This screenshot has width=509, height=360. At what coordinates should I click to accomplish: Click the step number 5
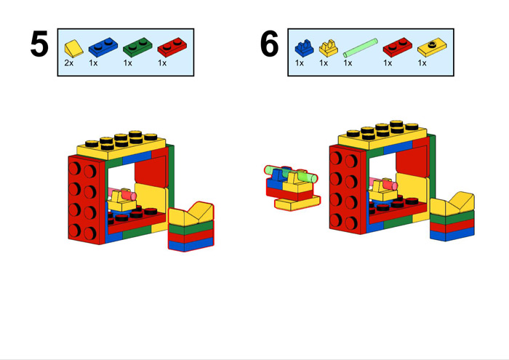(39, 44)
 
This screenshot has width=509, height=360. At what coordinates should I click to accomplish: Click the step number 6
(270, 44)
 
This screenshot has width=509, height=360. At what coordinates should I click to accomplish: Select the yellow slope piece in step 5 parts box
(73, 49)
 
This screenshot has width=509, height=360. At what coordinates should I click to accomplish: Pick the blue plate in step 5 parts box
(103, 47)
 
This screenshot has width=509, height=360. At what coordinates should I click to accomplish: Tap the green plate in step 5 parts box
(137, 47)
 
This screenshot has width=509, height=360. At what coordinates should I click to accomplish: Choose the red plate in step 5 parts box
(172, 47)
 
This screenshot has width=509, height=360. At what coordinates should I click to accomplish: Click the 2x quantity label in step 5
(69, 63)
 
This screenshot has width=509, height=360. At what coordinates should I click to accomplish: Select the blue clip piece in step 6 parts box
(304, 48)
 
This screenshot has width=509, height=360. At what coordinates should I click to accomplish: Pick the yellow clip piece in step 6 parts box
(328, 48)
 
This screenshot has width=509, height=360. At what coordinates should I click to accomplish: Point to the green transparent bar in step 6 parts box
(361, 48)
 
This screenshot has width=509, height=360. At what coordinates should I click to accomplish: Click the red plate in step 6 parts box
(398, 47)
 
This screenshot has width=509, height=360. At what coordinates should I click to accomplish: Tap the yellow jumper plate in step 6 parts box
(432, 47)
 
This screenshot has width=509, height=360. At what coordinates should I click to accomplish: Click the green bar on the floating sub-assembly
(291, 173)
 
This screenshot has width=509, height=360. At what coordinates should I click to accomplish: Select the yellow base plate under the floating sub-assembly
(297, 204)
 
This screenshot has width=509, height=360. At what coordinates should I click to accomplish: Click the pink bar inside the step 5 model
(112, 193)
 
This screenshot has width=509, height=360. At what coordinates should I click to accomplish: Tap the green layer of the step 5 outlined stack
(191, 227)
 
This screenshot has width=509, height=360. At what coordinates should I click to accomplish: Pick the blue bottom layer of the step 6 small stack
(452, 233)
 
